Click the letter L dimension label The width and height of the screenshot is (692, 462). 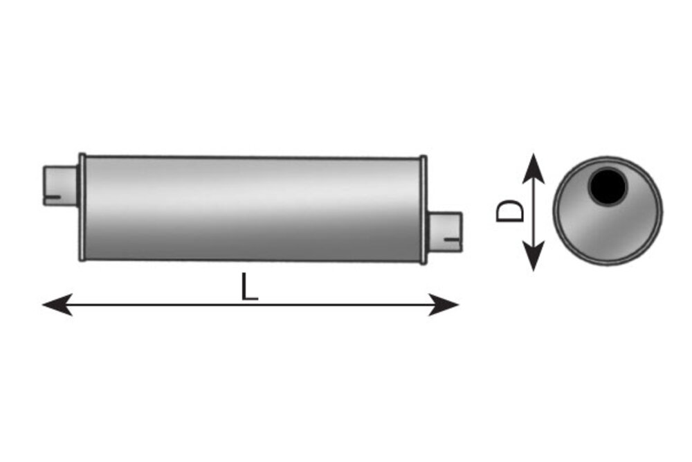[x=249, y=287]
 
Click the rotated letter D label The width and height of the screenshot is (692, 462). [x=510, y=211]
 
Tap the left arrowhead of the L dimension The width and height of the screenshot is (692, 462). [x=57, y=304]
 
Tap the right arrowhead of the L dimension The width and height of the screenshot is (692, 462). [x=444, y=304]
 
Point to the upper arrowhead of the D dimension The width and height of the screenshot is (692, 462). [x=534, y=168]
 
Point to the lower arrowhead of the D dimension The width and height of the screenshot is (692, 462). [x=534, y=256]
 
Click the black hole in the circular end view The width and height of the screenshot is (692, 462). [x=608, y=187]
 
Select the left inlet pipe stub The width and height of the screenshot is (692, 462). [x=61, y=186]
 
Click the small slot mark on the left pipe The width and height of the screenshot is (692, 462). [x=53, y=197]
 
